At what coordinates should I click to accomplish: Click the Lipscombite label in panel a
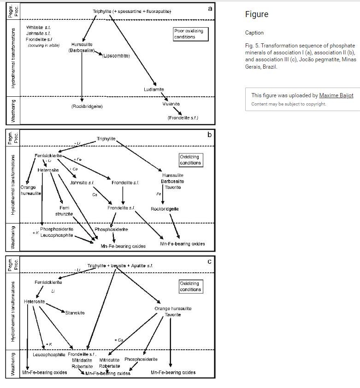pyautogui.click(x=116, y=56)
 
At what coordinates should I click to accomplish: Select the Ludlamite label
pyautogui.click(x=154, y=89)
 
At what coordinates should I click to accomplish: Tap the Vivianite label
pyautogui.click(x=171, y=104)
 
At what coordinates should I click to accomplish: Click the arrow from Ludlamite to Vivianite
pyautogui.click(x=162, y=97)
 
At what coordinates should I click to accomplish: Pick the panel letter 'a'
pyautogui.click(x=210, y=8)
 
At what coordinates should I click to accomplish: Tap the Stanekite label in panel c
pyautogui.click(x=75, y=313)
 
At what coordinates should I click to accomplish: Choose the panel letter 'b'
pyautogui.click(x=210, y=135)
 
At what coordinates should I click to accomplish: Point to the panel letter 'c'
pyautogui.click(x=210, y=261)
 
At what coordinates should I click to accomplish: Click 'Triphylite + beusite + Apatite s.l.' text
pyautogui.click(x=120, y=266)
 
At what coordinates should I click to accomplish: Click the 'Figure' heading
pyautogui.click(x=256, y=14)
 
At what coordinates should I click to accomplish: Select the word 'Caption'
pyautogui.click(x=254, y=33)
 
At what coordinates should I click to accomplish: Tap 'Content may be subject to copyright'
pyautogui.click(x=289, y=104)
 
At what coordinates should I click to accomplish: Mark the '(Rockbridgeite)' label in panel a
pyautogui.click(x=87, y=106)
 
